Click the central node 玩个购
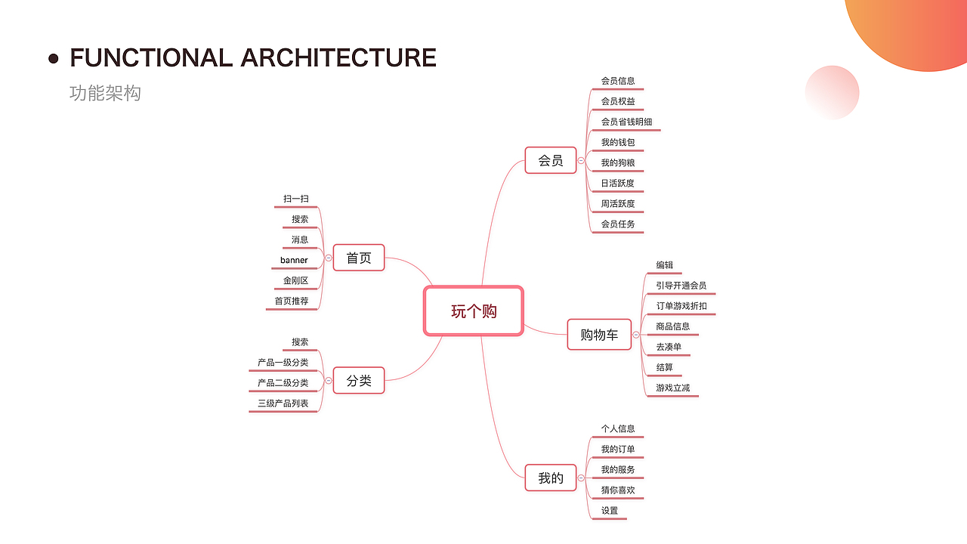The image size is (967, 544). (474, 311)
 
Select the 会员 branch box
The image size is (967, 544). (551, 160)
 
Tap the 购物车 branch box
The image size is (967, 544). (599, 335)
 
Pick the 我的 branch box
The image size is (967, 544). (551, 478)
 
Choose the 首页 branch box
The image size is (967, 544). (359, 258)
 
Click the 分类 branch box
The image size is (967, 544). (359, 380)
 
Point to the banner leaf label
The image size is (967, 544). (294, 260)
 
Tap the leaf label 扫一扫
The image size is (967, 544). (295, 199)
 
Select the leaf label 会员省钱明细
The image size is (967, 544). (626, 122)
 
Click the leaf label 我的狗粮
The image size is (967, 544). (618, 162)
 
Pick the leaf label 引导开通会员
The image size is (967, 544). (681, 286)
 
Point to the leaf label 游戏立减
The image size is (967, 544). (672, 388)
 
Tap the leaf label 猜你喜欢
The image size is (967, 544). (618, 490)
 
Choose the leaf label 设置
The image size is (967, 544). (610, 510)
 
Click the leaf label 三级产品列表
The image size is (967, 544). (283, 403)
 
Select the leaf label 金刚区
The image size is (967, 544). (295, 280)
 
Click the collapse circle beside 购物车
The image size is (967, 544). (636, 335)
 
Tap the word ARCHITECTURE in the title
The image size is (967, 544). (338, 58)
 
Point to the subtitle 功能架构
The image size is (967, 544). (105, 93)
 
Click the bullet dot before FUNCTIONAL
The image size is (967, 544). (54, 59)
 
